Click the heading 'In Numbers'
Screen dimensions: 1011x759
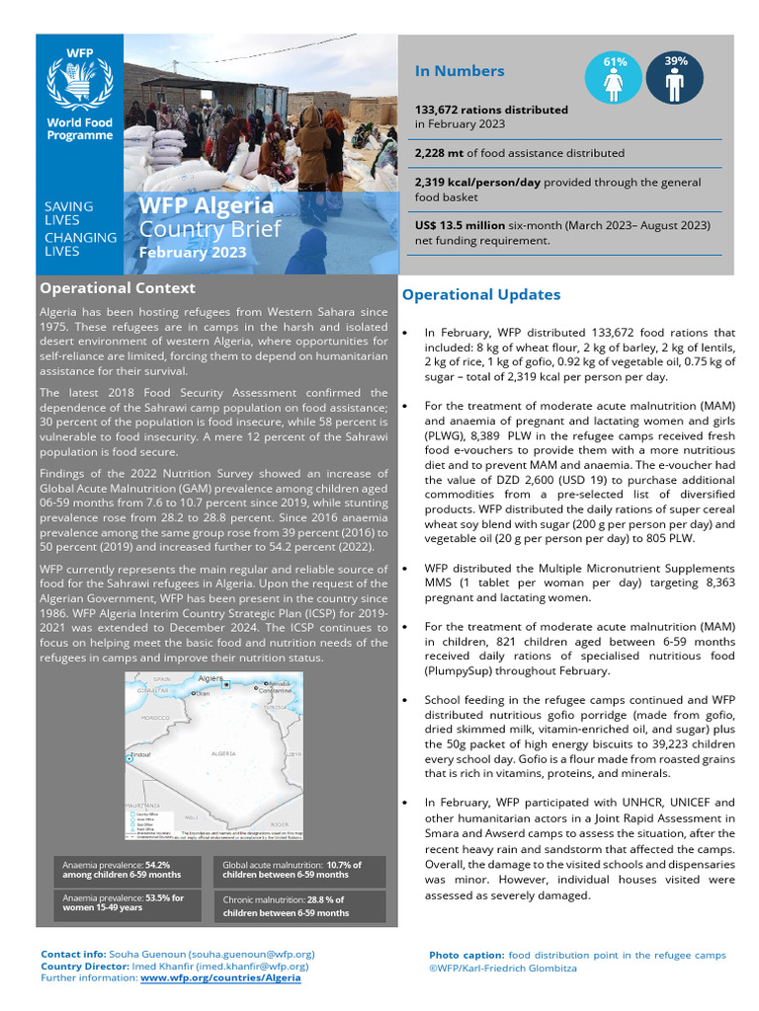click(x=460, y=71)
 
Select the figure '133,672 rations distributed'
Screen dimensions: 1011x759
click(x=491, y=110)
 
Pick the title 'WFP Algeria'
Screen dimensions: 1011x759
click(x=206, y=206)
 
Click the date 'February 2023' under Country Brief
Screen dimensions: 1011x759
click(x=192, y=254)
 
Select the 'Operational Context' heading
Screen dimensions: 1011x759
click(x=117, y=288)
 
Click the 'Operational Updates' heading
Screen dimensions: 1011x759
click(x=480, y=294)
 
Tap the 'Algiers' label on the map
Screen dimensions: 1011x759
click(x=211, y=679)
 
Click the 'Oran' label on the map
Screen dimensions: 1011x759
click(x=203, y=694)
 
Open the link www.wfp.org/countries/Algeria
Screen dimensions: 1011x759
click(x=220, y=977)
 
